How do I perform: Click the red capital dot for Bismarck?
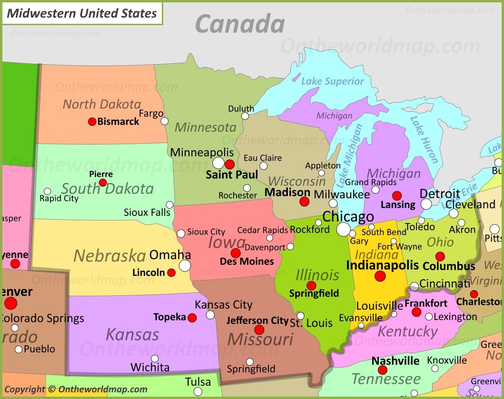tap(92, 122)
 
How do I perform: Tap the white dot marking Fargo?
tap(164, 121)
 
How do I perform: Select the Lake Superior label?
tap(332, 81)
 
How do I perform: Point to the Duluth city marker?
tap(245, 116)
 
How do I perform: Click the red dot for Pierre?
tap(103, 183)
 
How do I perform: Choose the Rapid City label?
tap(59, 198)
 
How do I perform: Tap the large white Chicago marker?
tap(343, 230)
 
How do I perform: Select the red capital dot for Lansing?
tap(397, 195)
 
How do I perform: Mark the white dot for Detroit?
tap(426, 204)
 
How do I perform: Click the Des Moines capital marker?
tap(236, 253)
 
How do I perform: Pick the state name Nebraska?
tap(109, 256)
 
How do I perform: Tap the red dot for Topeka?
tap(192, 318)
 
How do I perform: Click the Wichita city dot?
tap(155, 359)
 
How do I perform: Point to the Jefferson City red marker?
tap(259, 330)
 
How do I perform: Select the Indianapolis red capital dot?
tap(380, 276)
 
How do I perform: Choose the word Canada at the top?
tap(240, 24)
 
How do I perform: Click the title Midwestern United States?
tap(82, 14)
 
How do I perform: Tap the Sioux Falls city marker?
tap(169, 205)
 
